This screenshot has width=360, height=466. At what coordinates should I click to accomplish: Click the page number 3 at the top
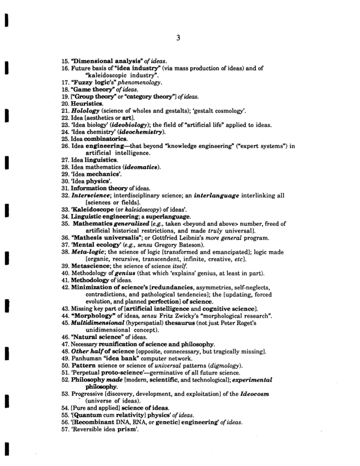point(179,38)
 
